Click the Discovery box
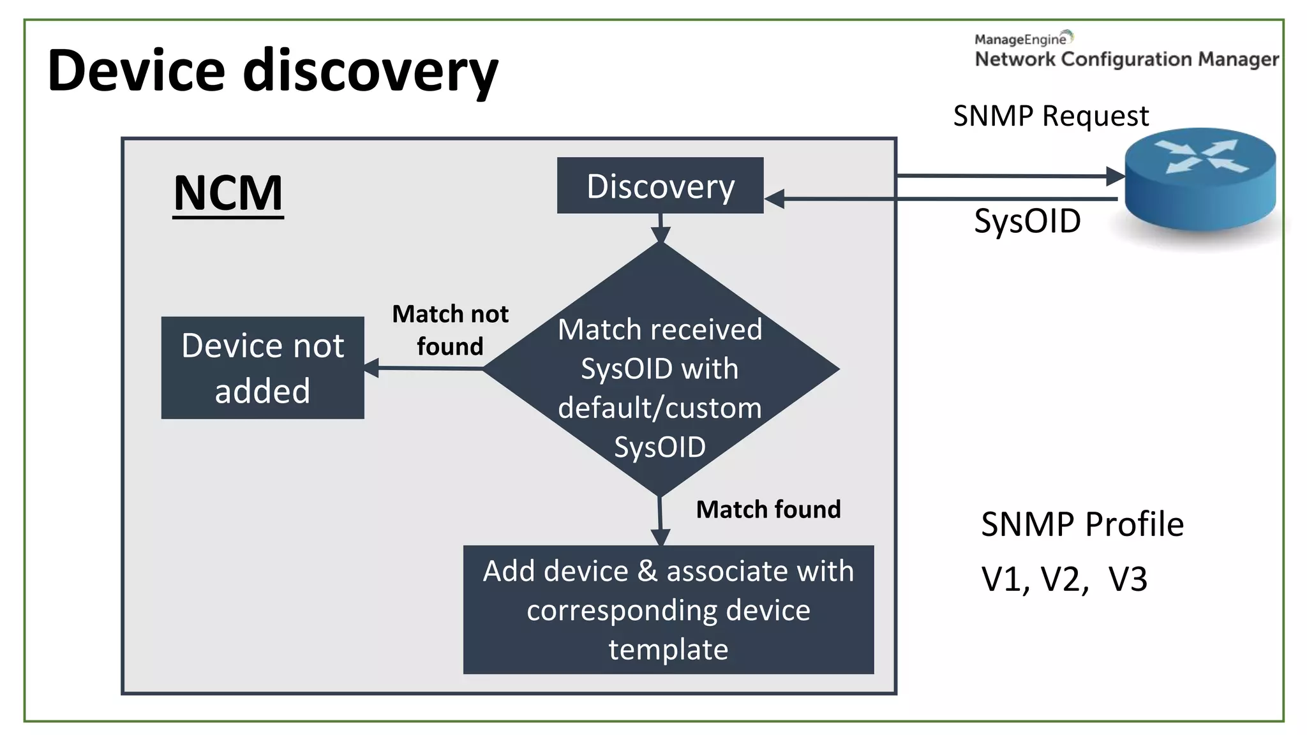coord(660,186)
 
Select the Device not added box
coord(262,367)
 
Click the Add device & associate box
coord(668,609)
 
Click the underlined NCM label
coord(228,193)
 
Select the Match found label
coord(768,509)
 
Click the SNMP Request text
coord(1050,116)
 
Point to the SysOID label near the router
coord(1027,221)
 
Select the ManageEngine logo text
coord(1020,40)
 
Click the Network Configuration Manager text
coord(1126,59)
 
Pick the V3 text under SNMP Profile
coord(1128,579)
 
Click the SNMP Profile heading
coord(1082,524)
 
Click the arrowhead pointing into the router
coord(1115,176)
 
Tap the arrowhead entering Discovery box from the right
coord(774,199)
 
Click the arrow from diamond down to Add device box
coord(661,520)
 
